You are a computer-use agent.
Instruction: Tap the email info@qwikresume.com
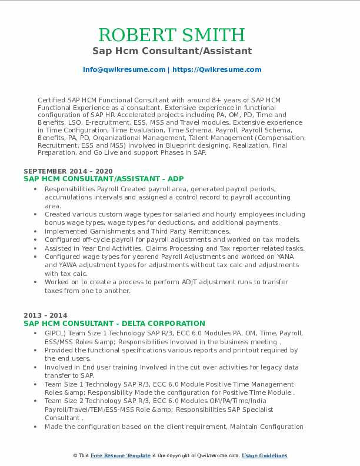pyautogui.click(x=124, y=69)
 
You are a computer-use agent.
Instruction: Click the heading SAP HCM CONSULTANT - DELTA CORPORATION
pyautogui.click(x=114, y=323)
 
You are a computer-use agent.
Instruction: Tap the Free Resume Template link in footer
pyautogui.click(x=121, y=456)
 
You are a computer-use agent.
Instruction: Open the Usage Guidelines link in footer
pyautogui.click(x=264, y=456)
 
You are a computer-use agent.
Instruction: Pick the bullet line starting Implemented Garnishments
pyautogui.click(x=138, y=231)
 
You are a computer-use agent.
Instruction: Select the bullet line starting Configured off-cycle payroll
pyautogui.click(x=172, y=239)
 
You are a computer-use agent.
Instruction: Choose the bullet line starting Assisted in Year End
pyautogui.click(x=174, y=248)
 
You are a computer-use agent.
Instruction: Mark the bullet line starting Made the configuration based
pyautogui.click(x=174, y=427)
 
